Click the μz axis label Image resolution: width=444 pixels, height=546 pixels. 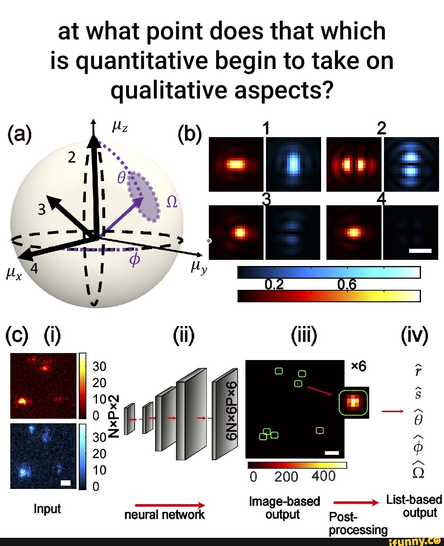click(x=120, y=127)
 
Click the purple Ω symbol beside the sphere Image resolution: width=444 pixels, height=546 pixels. click(x=171, y=202)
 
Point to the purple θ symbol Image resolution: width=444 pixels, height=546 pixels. click(x=121, y=178)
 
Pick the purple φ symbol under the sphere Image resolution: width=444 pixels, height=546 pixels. click(x=134, y=259)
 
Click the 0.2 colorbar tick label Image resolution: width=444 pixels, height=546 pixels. click(x=274, y=284)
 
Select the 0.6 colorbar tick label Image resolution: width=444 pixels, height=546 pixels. click(x=347, y=284)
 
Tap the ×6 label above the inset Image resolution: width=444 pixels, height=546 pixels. click(x=358, y=366)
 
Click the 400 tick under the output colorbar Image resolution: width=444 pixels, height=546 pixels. click(x=324, y=476)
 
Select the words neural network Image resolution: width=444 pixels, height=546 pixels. click(x=164, y=515)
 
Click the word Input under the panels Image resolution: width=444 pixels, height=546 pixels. click(x=47, y=509)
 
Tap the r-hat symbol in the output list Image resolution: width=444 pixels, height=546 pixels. click(x=418, y=370)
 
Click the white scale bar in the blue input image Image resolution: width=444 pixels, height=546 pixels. click(x=66, y=483)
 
